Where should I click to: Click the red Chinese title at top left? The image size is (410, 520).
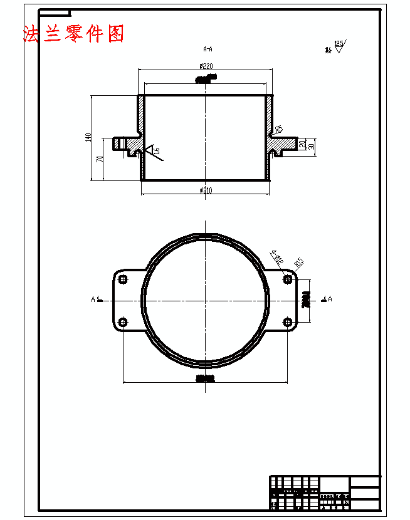tap(73, 33)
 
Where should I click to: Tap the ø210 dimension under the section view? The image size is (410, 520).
tap(206, 190)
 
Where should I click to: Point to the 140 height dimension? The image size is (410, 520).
tap(89, 137)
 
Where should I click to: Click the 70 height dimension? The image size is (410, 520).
tap(100, 160)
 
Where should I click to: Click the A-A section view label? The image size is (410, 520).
tap(208, 48)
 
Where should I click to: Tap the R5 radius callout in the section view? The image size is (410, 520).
tap(279, 129)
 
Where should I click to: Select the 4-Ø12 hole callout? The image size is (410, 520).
tap(277, 256)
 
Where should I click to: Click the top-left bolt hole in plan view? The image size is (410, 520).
tap(123, 279)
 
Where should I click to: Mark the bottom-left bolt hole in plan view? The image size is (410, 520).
tap(123, 322)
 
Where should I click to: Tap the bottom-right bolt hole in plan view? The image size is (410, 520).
tap(288, 322)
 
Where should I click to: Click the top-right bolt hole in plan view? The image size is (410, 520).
tap(288, 279)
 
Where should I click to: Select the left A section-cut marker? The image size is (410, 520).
tap(95, 299)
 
